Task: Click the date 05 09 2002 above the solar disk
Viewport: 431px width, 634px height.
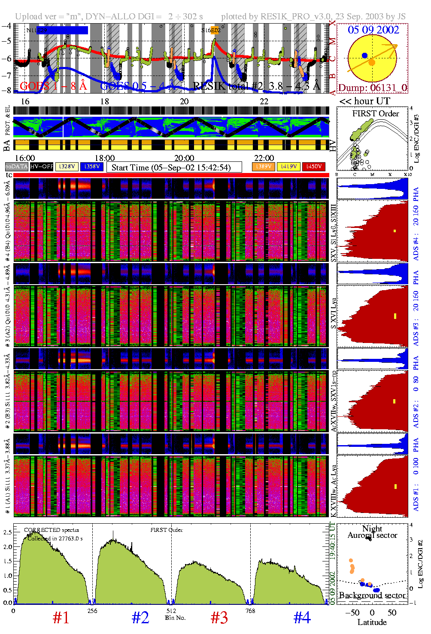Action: (x=373, y=30)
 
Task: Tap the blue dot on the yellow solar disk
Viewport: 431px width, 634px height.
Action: (x=364, y=55)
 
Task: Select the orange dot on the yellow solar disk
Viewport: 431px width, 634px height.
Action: (x=372, y=63)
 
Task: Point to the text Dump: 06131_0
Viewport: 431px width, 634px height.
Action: (x=372, y=88)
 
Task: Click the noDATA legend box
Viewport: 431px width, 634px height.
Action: (x=16, y=167)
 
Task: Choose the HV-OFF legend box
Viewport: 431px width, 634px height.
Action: (x=42, y=167)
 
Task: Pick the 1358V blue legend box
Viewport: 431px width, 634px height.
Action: (x=92, y=167)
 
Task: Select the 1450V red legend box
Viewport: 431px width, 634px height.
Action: (x=314, y=167)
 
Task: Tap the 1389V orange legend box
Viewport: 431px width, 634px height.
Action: (x=263, y=167)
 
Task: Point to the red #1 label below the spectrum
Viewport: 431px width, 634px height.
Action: (x=61, y=618)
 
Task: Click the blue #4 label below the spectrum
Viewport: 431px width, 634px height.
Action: (x=302, y=618)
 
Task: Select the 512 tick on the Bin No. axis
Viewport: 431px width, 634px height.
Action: (x=171, y=611)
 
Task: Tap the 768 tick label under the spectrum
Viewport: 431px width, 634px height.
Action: (x=250, y=611)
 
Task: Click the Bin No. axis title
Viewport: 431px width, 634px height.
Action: (x=175, y=618)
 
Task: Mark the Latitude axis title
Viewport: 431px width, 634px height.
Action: (x=372, y=622)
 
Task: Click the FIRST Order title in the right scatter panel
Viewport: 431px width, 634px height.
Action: (x=376, y=114)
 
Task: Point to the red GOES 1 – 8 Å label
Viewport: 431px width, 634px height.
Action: (x=53, y=86)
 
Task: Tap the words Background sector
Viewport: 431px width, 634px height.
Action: (x=372, y=595)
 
